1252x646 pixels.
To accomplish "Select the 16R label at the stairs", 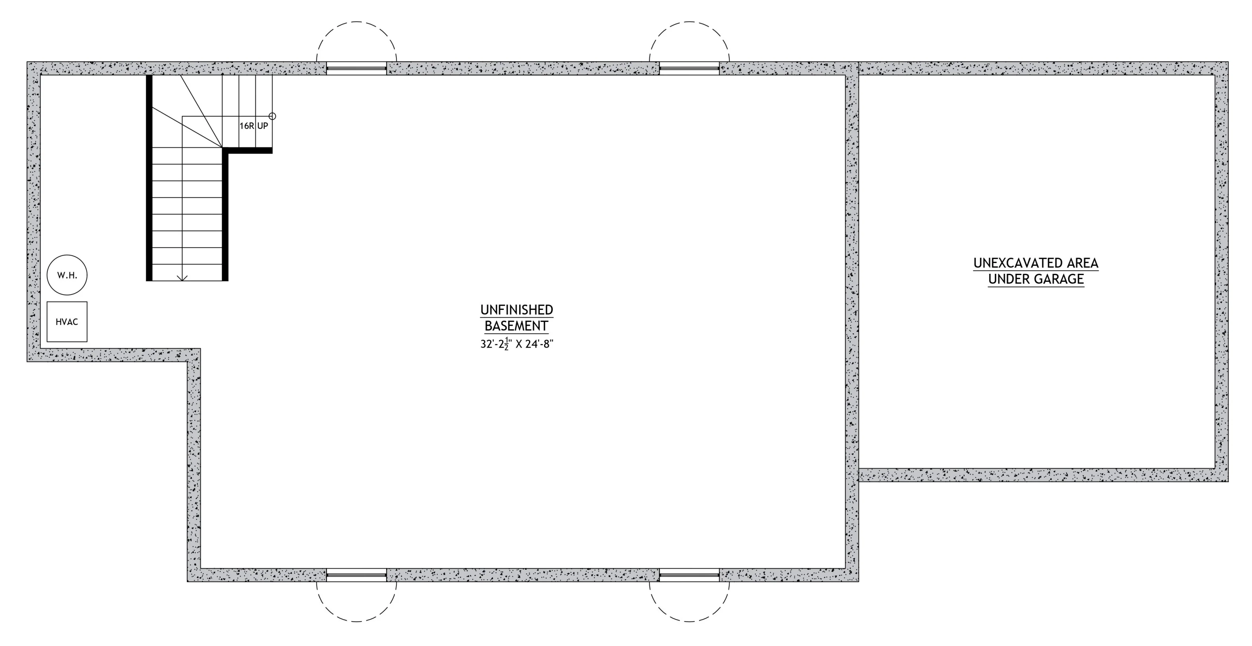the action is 246,126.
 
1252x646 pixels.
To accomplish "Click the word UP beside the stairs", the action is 263,126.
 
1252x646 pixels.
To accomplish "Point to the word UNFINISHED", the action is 517,310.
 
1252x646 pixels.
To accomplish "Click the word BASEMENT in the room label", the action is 517,326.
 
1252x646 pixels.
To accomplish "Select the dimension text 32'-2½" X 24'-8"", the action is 517,344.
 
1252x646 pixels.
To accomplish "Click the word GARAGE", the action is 1059,279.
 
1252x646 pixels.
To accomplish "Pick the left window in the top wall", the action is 356,69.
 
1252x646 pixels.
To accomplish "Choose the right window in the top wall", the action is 689,69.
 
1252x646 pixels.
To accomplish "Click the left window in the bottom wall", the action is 356,575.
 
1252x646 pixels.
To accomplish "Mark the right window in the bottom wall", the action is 689,575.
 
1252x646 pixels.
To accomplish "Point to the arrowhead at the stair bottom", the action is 182,278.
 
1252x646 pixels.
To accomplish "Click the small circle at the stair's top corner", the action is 272,116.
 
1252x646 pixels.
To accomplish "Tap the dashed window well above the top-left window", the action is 356,22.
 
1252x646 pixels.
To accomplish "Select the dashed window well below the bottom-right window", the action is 689,622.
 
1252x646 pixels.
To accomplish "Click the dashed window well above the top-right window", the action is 689,22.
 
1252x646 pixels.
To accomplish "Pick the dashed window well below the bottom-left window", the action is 356,622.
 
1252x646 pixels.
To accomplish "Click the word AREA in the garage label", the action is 1082,263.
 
